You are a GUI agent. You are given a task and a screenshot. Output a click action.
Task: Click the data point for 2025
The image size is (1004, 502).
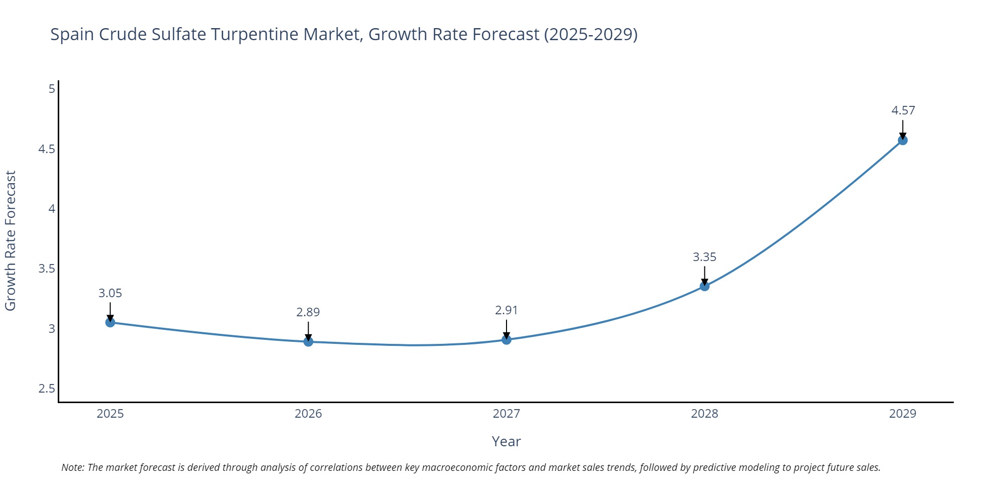tap(110, 322)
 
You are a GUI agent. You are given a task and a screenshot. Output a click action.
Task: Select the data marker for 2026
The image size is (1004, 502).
tap(308, 342)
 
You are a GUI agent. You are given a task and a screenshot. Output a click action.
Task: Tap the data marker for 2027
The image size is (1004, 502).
tap(507, 340)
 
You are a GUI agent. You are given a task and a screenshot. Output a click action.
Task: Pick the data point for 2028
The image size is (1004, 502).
tap(704, 286)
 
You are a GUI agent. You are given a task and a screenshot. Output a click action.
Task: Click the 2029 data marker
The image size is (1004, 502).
tap(903, 140)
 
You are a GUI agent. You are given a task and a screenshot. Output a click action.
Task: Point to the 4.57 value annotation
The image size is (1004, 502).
tap(903, 110)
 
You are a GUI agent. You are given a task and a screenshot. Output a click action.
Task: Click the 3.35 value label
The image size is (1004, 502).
tap(704, 257)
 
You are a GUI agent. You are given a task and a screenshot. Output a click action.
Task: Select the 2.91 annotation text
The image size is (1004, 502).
tap(506, 310)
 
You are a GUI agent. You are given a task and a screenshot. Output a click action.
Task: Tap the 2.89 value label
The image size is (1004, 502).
tap(308, 312)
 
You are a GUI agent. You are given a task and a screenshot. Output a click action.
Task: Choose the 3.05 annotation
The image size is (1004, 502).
tap(110, 293)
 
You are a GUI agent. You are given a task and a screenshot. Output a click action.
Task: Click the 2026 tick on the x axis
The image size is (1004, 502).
tap(308, 414)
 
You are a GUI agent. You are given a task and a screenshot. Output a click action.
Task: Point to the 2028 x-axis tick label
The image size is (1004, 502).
tap(704, 414)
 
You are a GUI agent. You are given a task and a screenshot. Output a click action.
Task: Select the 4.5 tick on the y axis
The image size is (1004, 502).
tap(47, 149)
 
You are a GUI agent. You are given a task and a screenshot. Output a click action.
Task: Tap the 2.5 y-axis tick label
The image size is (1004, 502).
tap(47, 389)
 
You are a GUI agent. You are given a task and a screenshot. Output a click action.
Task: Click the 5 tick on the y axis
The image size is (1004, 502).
tap(52, 89)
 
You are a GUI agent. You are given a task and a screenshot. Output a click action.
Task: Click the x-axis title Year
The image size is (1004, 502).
tap(506, 441)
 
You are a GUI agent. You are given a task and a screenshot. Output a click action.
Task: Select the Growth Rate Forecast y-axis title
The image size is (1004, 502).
tap(11, 240)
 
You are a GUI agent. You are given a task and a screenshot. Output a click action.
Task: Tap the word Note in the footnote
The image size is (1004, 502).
tap(72, 467)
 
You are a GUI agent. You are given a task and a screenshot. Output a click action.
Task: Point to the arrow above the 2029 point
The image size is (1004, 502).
tap(903, 129)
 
